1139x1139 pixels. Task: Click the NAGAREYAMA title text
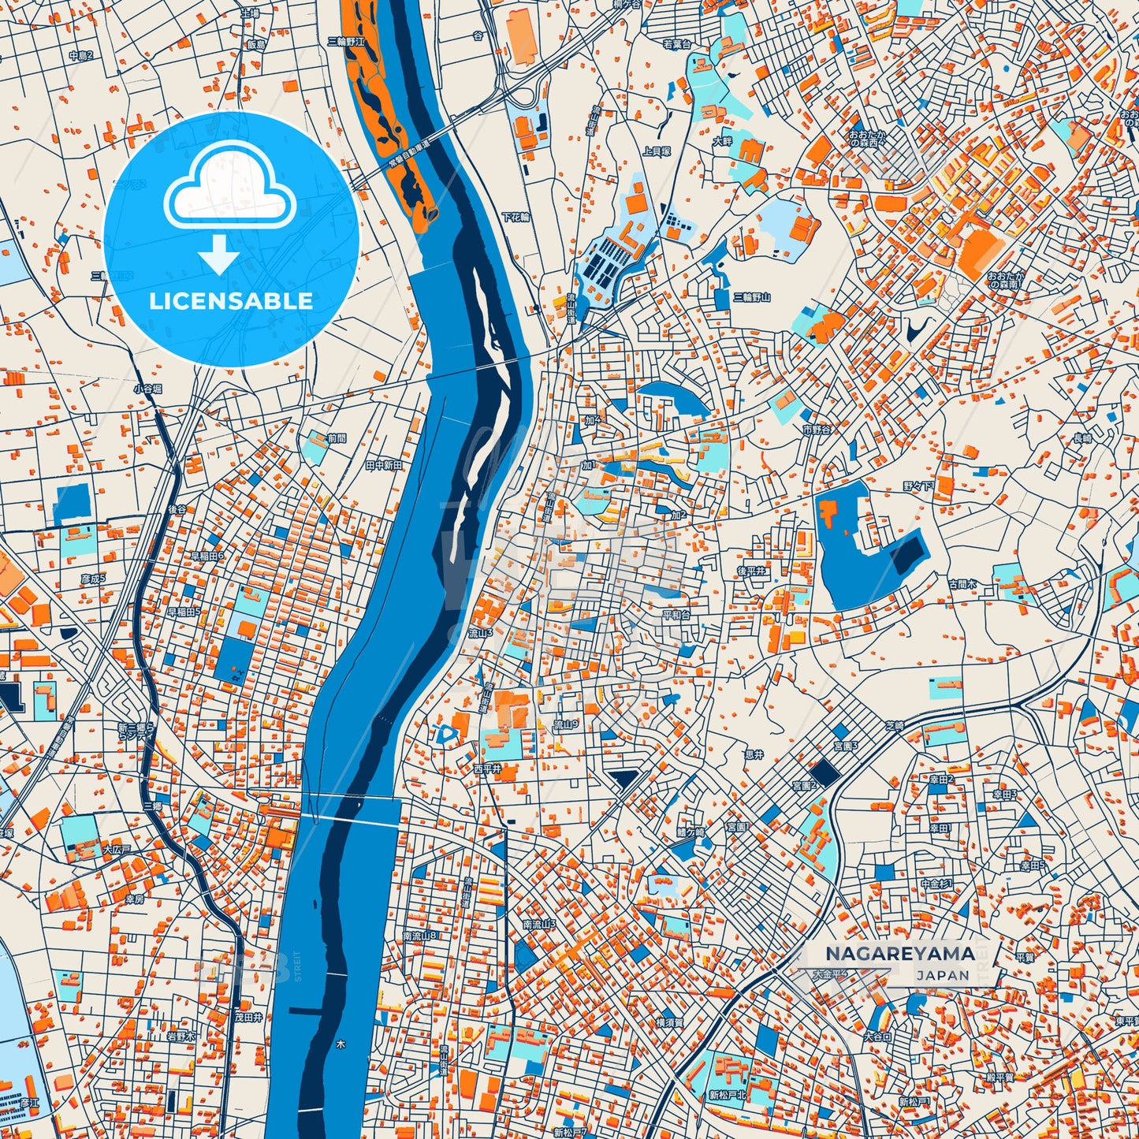(x=899, y=953)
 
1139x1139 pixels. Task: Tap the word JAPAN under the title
(x=943, y=976)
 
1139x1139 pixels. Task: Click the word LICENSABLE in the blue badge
(x=231, y=300)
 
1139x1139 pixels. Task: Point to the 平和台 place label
(x=676, y=614)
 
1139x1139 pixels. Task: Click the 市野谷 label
(x=817, y=430)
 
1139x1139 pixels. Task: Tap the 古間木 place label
(x=962, y=584)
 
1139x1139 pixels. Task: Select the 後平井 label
(x=751, y=571)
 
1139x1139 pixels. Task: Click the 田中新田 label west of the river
(x=384, y=466)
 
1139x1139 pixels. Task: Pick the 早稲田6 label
(x=207, y=556)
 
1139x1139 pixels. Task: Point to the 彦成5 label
(x=93, y=579)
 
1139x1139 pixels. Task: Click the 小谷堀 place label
(x=147, y=389)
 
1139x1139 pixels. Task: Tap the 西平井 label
(x=487, y=768)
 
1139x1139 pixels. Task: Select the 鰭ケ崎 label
(x=690, y=832)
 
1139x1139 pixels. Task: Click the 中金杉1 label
(x=936, y=884)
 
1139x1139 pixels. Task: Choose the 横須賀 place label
(x=669, y=1022)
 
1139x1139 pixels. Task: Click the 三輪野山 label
(x=751, y=297)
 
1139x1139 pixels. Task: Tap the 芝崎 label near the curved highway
(x=894, y=726)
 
